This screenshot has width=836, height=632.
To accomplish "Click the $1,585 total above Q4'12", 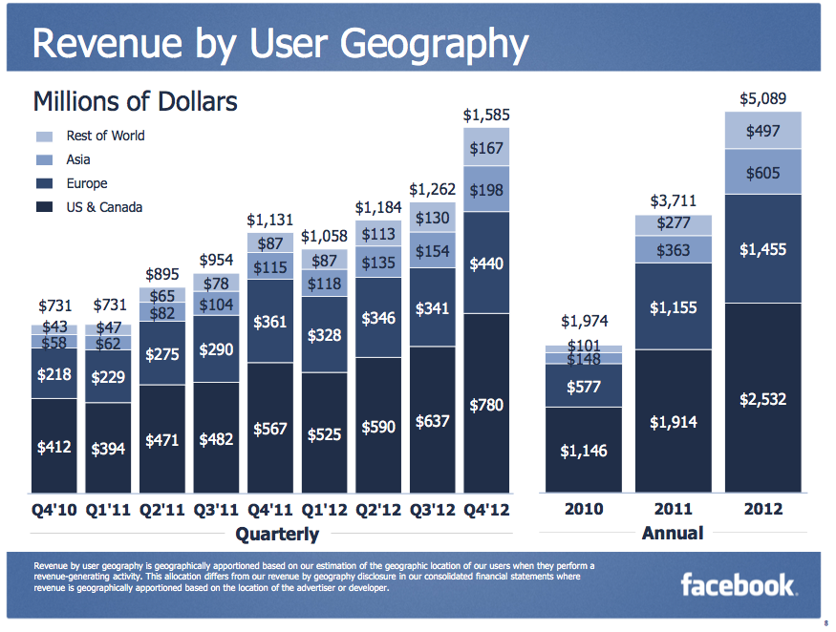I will pos(486,115).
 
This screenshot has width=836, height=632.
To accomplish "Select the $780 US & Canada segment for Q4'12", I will pos(487,405).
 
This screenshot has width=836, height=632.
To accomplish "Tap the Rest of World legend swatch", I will pos(44,136).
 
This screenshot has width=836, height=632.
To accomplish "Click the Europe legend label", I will pos(87,183).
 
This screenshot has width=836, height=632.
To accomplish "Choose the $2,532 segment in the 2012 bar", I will pos(762,398).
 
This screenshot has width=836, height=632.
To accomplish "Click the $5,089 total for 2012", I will pos(762,98).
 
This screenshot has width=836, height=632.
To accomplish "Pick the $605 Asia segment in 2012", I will pos(762,173).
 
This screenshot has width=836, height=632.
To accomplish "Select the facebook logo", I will pos(738,583).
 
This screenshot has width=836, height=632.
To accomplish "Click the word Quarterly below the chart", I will pos(277,533).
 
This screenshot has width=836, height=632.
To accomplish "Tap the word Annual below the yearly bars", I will pos(673,533).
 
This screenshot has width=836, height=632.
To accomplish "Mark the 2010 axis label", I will pos(584,508).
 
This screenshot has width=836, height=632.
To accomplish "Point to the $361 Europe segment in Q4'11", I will pos(270,322).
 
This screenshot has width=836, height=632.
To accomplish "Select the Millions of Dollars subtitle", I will pos(136,101).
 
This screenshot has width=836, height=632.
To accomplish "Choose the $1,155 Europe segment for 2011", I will pos(674,307).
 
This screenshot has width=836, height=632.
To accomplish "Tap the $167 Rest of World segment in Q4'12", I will pos(487,148).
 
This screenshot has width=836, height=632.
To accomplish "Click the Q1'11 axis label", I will pos(110,508).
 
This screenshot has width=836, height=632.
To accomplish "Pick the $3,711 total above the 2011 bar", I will pos(674,200).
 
